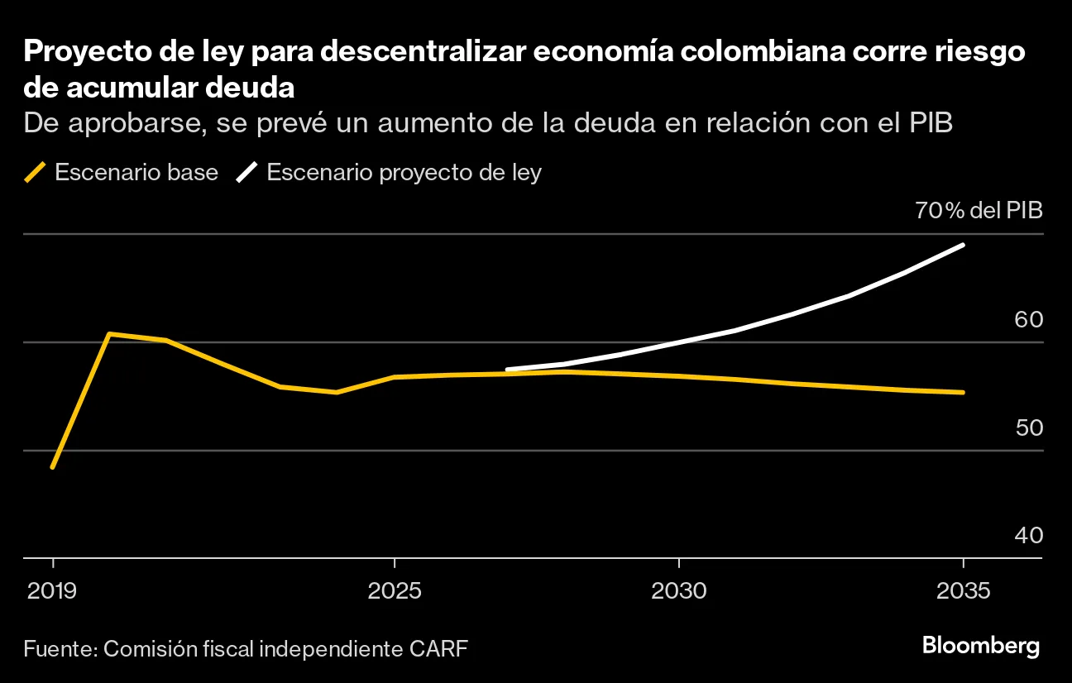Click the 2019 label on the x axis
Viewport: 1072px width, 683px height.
(x=53, y=591)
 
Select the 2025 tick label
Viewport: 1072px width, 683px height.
(x=395, y=591)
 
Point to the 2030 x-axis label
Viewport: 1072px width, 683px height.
(x=678, y=591)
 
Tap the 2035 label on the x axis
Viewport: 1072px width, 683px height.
(x=964, y=591)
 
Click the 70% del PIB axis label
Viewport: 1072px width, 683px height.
(x=979, y=210)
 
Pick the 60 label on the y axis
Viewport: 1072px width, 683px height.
(x=1028, y=320)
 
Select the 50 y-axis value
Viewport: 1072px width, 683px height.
(x=1028, y=428)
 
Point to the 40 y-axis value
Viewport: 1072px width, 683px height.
(x=1028, y=536)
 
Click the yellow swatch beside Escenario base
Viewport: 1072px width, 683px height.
(x=35, y=172)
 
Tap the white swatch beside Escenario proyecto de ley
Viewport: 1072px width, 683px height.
(x=247, y=172)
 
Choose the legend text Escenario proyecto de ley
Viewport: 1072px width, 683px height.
(x=404, y=172)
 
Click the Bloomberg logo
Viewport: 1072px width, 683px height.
(x=980, y=647)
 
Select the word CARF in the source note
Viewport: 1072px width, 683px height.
(x=438, y=647)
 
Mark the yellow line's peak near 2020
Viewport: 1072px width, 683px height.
(x=110, y=334)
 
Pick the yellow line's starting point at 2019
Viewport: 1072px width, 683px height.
(x=53, y=467)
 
